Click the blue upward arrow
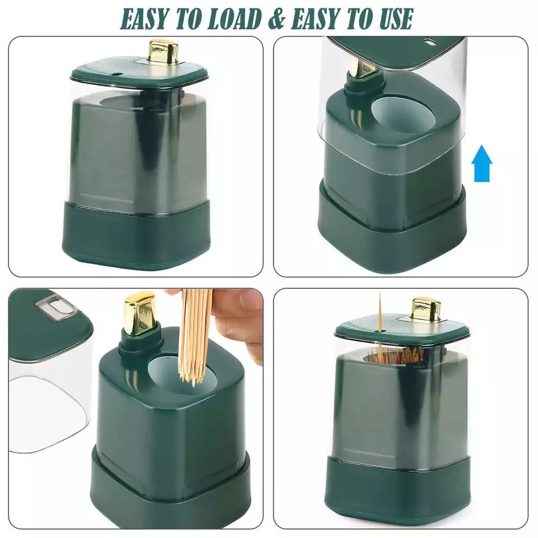(482, 163)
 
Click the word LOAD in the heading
(235, 19)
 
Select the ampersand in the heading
(276, 19)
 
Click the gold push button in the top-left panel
(163, 52)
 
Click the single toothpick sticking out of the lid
(380, 313)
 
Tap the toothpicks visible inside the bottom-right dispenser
(395, 355)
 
